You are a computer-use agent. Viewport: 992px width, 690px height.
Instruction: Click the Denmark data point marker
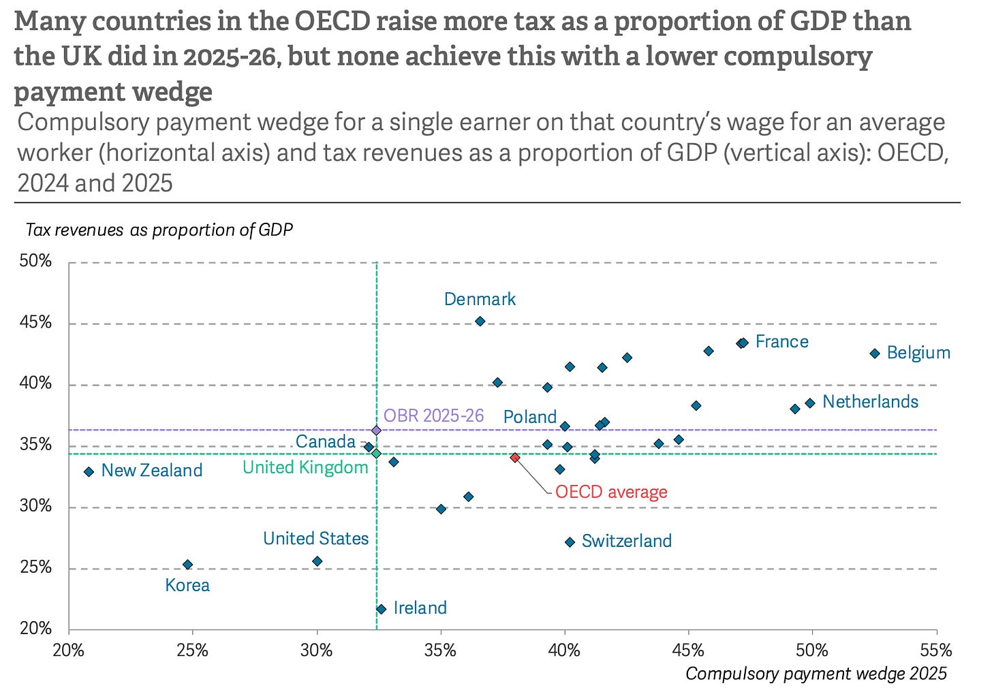480,321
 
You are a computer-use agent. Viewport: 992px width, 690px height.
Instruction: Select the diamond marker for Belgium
875,354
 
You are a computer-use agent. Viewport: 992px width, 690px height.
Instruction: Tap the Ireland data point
381,610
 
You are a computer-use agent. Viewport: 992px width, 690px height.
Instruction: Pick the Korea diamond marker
188,565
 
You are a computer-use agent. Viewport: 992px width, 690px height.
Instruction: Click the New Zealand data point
89,472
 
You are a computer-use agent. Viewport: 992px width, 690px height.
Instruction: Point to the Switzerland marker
570,542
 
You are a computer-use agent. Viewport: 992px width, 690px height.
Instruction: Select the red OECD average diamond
514,458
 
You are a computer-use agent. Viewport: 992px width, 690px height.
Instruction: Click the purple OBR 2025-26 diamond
376,430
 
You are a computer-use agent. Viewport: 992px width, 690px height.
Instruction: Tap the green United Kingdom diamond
376,454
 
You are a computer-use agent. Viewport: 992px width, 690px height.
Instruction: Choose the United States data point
317,561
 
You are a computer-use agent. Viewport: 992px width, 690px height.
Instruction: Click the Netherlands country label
870,402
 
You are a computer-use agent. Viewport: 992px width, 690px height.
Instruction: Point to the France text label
781,341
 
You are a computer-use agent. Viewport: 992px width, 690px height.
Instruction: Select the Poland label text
529,417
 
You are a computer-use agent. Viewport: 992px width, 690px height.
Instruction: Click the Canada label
326,441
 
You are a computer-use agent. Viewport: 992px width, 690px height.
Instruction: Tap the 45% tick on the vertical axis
35,322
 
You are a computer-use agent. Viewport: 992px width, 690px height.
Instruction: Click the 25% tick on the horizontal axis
192,650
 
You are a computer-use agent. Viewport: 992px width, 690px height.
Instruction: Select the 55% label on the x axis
935,650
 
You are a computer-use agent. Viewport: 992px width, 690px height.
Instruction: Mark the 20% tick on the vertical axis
35,628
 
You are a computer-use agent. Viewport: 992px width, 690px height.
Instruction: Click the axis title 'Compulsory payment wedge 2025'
816,674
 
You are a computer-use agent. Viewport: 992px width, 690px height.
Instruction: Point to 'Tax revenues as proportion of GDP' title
159,230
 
